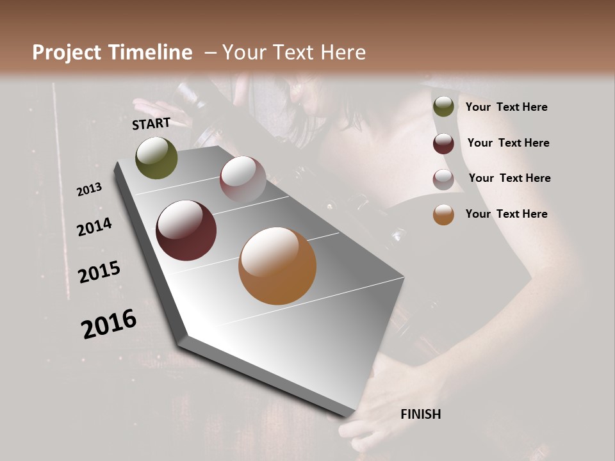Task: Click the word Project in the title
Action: pyautogui.click(x=67, y=53)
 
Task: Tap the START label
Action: pyautogui.click(x=151, y=124)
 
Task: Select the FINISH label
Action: pyautogui.click(x=420, y=414)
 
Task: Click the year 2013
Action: pyautogui.click(x=90, y=190)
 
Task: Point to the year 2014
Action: pyautogui.click(x=95, y=227)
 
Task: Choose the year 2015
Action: pyautogui.click(x=99, y=272)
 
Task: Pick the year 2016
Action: pyautogui.click(x=109, y=324)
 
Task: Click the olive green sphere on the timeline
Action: pyautogui.click(x=156, y=158)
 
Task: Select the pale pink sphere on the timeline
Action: pyautogui.click(x=243, y=179)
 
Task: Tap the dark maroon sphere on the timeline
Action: pyautogui.click(x=186, y=230)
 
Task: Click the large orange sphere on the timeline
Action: pyautogui.click(x=277, y=266)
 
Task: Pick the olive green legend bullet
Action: pyautogui.click(x=443, y=107)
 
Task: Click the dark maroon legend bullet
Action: pyautogui.click(x=443, y=143)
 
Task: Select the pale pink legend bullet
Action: pyautogui.click(x=443, y=179)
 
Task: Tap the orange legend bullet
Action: pyautogui.click(x=443, y=214)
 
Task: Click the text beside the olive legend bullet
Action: pyautogui.click(x=506, y=107)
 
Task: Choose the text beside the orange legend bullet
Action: pyautogui.click(x=506, y=214)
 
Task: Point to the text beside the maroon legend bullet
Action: pyautogui.click(x=508, y=143)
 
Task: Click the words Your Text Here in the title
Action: pyautogui.click(x=293, y=53)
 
